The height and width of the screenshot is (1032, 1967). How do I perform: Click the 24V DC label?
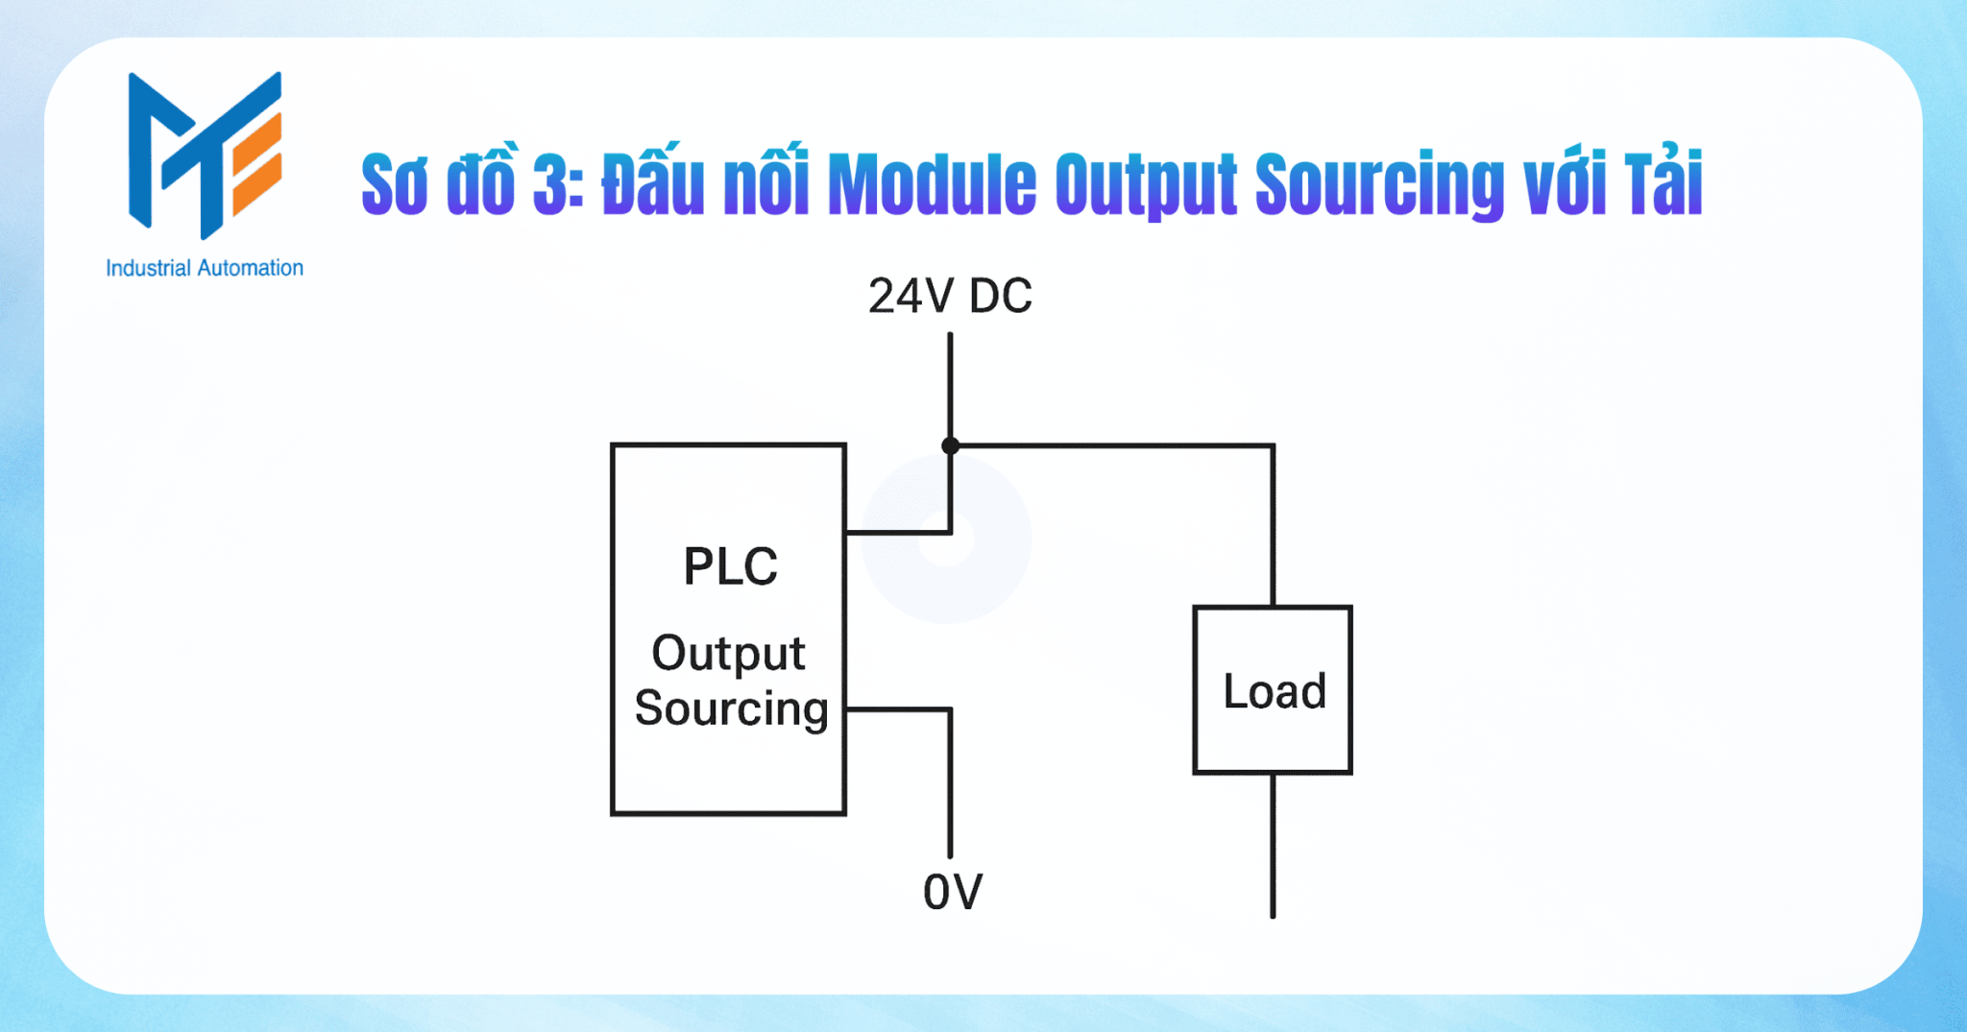tap(950, 296)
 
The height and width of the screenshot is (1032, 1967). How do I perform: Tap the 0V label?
tap(953, 892)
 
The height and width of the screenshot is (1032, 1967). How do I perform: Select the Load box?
tap(1273, 690)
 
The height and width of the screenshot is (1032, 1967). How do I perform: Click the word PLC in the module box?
tap(730, 566)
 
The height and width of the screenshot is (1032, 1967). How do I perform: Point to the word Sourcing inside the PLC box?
tap(731, 708)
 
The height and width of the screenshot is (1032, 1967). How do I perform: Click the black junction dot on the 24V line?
tap(950, 445)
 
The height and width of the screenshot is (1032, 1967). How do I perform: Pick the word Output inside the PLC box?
tap(728, 654)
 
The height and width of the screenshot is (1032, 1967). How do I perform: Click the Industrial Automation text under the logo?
tap(205, 268)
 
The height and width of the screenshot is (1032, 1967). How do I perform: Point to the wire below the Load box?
tap(1273, 845)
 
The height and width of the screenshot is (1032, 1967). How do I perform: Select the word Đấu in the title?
tap(653, 182)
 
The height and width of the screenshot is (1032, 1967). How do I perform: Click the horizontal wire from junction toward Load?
tap(1114, 445)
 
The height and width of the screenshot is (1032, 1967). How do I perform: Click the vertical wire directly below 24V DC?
tap(950, 384)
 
